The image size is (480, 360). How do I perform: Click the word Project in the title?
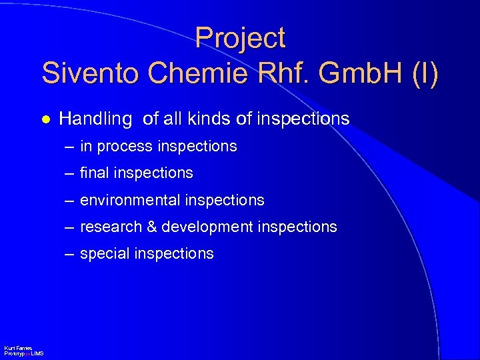(240, 39)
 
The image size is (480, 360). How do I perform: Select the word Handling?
(95, 119)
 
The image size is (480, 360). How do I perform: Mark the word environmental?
(130, 200)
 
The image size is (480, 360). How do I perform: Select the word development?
(206, 227)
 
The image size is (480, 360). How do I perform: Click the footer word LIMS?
(37, 353)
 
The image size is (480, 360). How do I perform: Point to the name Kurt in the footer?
(9, 349)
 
